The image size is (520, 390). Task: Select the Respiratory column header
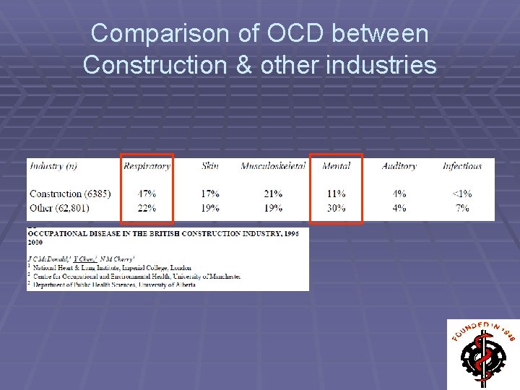147,166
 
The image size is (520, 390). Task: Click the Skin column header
210,166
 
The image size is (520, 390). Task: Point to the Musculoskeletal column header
272,166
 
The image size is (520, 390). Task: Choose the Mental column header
336,166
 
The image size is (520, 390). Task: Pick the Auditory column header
399,166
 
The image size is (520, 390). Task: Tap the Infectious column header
462,166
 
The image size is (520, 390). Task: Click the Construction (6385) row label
70,194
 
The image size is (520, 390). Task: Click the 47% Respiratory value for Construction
147,194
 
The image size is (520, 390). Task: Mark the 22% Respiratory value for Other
147,208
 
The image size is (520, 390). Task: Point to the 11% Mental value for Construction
336,194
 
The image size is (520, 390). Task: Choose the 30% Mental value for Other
336,208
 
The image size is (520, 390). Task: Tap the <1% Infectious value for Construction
462,194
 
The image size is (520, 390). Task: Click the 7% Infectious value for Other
462,208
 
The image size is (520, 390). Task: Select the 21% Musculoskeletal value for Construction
272,194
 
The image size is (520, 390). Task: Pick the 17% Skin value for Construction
210,194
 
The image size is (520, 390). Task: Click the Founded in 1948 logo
482,354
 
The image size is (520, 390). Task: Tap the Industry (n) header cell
53,166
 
